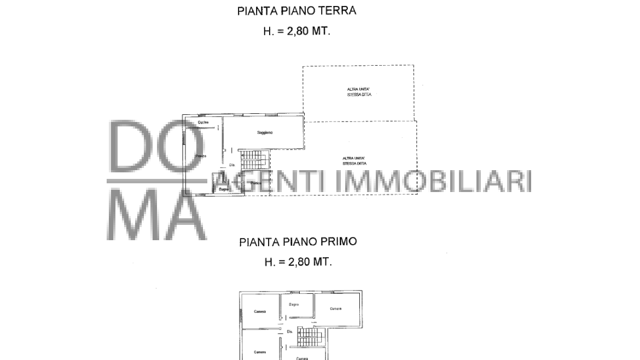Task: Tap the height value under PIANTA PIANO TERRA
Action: tap(297, 31)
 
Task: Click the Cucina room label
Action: tap(203, 122)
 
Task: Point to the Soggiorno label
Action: tap(265, 133)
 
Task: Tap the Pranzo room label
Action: tap(201, 156)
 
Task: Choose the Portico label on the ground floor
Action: tap(256, 183)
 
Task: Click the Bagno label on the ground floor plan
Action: tap(223, 189)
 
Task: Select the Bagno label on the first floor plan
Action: tap(294, 304)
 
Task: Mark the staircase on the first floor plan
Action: tap(310, 336)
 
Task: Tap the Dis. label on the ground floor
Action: tap(232, 165)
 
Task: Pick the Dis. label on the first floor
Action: tap(290, 332)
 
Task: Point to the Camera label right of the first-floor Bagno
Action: tap(335, 309)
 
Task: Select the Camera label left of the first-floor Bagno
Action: tap(260, 311)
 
